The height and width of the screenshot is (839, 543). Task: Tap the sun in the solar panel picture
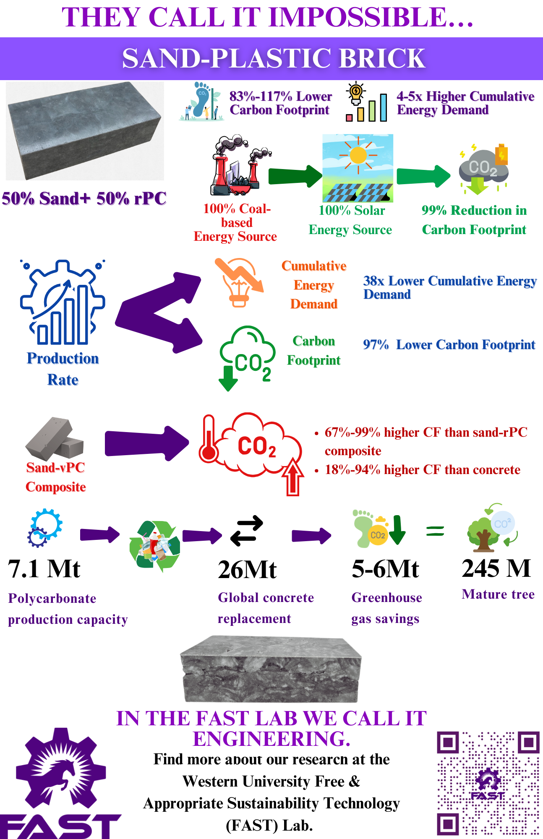358,155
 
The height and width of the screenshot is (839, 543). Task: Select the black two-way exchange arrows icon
247,531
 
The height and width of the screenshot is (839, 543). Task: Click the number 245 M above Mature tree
496,568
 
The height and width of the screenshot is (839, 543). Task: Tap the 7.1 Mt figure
44,569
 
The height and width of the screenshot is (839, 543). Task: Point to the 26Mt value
247,570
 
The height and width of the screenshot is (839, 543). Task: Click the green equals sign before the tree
435,531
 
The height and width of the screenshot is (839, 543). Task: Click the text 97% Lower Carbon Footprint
449,345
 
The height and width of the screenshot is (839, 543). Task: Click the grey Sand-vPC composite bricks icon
55,439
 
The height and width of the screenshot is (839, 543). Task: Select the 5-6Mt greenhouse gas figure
385,569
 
